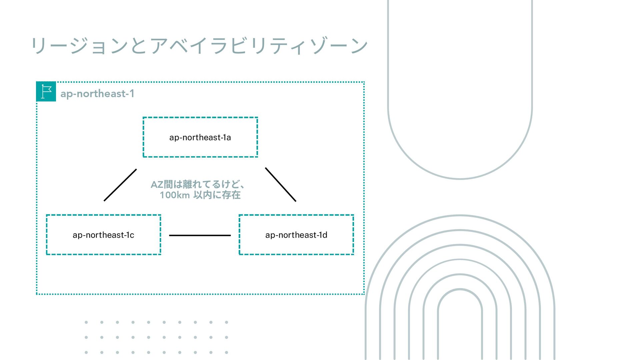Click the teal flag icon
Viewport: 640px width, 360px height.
coord(46,91)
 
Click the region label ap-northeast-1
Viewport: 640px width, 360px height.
coord(97,94)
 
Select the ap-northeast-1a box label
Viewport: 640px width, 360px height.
coord(200,137)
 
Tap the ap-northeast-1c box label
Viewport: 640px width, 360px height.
coord(103,235)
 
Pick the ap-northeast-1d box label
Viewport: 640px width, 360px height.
coord(296,235)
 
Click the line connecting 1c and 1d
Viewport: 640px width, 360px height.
coord(200,235)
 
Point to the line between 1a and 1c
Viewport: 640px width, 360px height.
coord(120,185)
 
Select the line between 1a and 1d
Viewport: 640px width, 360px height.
coord(280,185)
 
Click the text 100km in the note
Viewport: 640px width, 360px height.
coord(175,195)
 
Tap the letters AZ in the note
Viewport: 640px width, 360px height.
coord(157,184)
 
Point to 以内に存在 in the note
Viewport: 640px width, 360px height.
coord(217,195)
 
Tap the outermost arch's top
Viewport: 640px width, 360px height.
coord(460,216)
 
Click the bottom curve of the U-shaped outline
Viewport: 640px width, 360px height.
coord(460,179)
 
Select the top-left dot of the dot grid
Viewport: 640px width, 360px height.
coord(86,322)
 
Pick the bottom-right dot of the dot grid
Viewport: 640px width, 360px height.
coord(226,352)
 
